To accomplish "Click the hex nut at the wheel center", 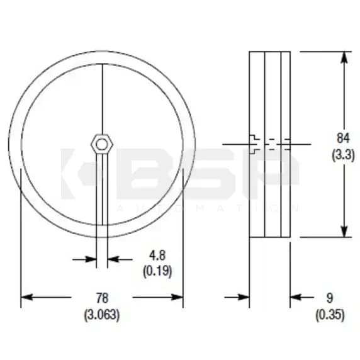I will click(x=100, y=143).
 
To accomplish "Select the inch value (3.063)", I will click(x=101, y=313).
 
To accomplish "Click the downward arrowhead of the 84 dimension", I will click(x=344, y=232).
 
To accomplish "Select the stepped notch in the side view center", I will click(x=254, y=143).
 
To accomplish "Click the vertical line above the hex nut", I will click(x=101, y=94).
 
